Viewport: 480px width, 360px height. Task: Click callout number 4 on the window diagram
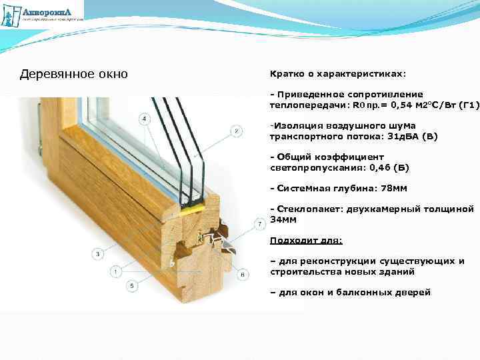click(144, 119)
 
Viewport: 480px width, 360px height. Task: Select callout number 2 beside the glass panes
click(236, 131)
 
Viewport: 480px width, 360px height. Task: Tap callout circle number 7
click(259, 223)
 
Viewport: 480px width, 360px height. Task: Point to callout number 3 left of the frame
click(97, 253)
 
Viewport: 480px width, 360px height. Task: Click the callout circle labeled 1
click(116, 271)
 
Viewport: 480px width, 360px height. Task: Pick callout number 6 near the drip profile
click(243, 274)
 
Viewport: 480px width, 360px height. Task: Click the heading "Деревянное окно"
click(73, 73)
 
